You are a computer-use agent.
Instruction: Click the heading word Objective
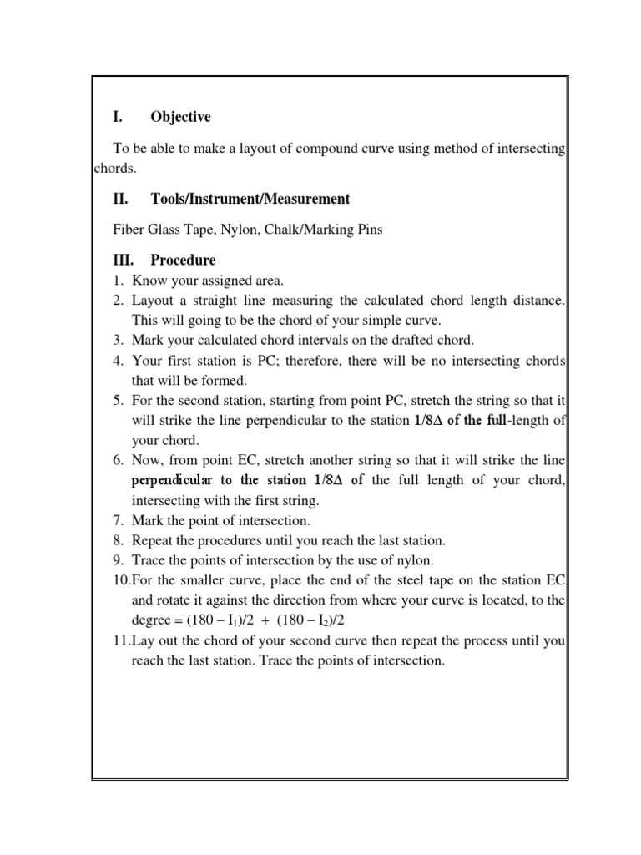tap(180, 117)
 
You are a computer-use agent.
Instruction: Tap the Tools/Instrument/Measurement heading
tap(250, 199)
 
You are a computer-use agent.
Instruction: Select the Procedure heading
tap(183, 261)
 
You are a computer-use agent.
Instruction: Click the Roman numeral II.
tap(119, 199)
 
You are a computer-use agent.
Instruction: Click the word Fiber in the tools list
tap(127, 230)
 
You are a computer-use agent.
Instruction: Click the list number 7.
tap(119, 520)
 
